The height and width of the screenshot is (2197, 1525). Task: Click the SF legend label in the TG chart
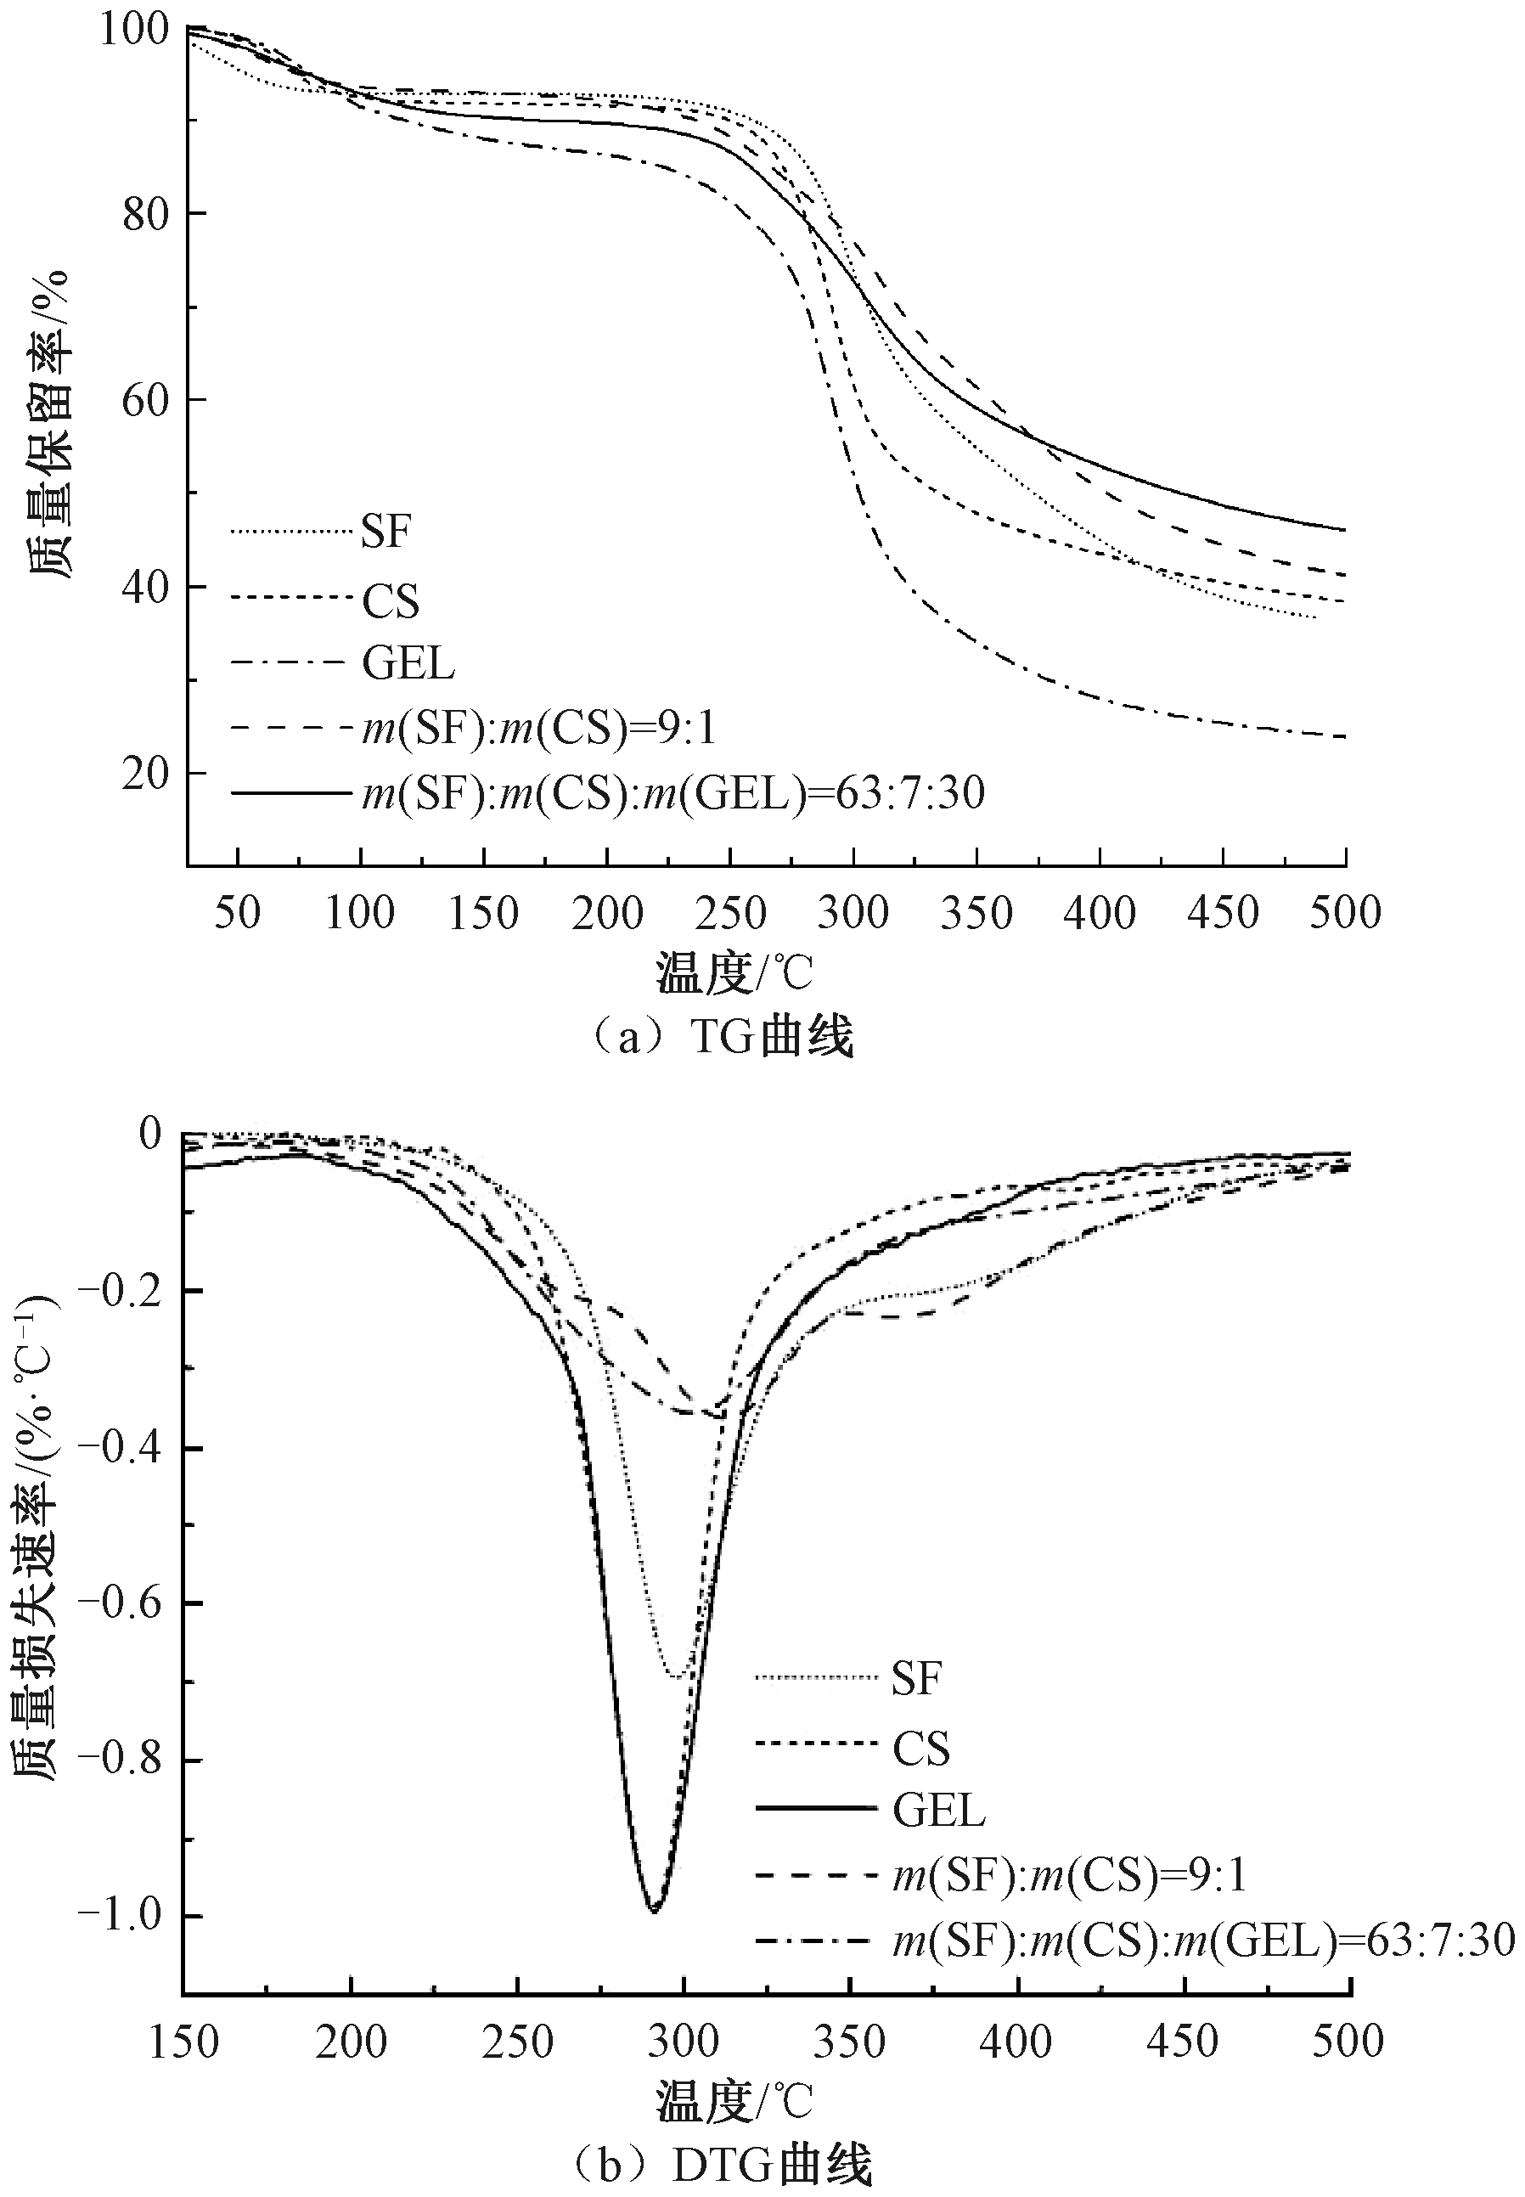tap(385, 532)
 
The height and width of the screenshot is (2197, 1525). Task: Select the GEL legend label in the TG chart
tap(408, 662)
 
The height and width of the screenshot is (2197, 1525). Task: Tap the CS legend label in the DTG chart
tap(921, 1749)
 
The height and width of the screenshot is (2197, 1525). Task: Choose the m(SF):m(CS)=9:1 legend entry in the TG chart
tap(539, 730)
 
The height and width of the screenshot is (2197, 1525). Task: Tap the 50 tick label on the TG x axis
tap(237, 914)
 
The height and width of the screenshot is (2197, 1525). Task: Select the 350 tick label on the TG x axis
tap(976, 914)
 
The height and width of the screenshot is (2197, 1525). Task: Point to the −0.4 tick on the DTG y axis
tap(119, 1449)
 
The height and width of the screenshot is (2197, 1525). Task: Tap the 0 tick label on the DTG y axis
tap(151, 1134)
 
